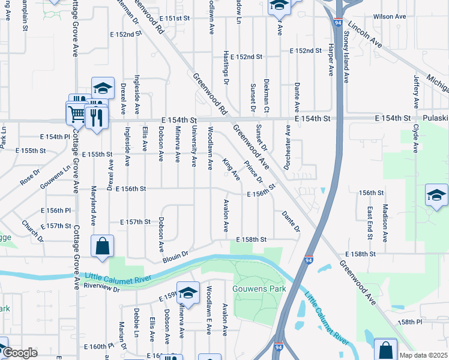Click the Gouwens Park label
(x=260, y=289)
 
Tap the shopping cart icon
(x=77, y=113)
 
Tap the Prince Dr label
(x=253, y=171)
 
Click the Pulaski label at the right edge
(x=435, y=119)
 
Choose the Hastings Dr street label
(x=227, y=66)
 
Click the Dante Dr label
(x=291, y=221)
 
